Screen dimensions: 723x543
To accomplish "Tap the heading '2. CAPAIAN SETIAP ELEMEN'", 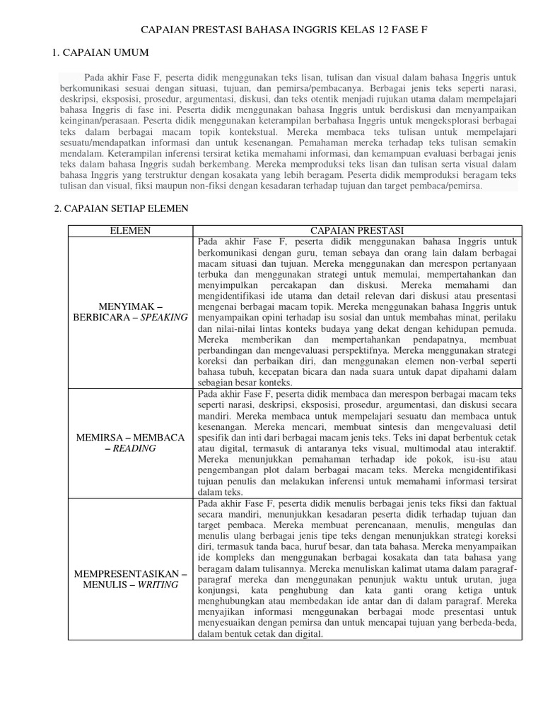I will point(121,209).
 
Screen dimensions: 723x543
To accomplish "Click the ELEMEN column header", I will point(131,230).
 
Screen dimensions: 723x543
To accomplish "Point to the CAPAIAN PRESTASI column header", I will point(357,230).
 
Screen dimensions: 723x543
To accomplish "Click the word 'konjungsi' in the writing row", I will point(216,591).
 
